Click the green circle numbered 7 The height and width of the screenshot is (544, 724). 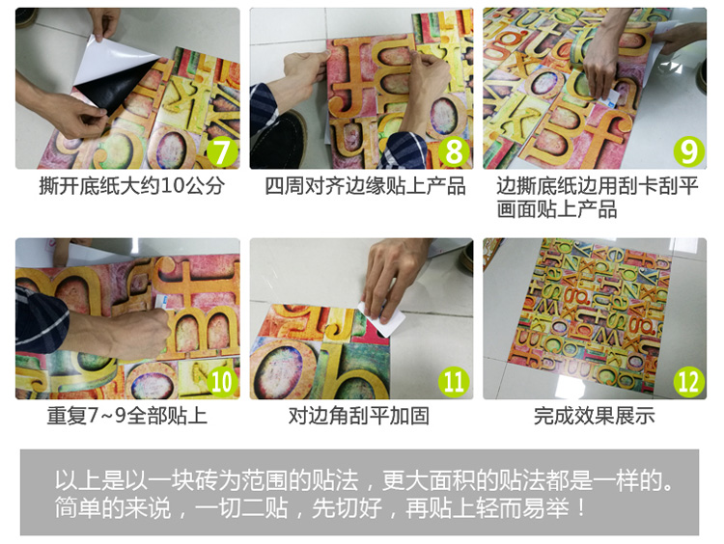[x=222, y=151]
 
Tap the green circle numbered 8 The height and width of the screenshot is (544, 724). [x=454, y=151]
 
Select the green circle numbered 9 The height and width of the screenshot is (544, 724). [x=688, y=151]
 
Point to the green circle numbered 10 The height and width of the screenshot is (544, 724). [x=222, y=382]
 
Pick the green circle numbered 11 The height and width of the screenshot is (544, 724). [x=454, y=382]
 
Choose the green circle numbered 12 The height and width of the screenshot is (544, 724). [x=688, y=382]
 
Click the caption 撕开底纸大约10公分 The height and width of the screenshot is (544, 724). [x=132, y=186]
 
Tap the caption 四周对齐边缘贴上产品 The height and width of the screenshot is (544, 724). [x=365, y=186]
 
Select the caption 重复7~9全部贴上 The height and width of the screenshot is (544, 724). [x=127, y=416]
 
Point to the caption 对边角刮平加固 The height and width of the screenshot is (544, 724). [x=359, y=416]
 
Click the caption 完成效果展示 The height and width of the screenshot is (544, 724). [x=595, y=416]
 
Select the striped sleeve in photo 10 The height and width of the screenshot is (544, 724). [x=41, y=318]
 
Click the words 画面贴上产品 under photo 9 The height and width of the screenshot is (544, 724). [x=557, y=209]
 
